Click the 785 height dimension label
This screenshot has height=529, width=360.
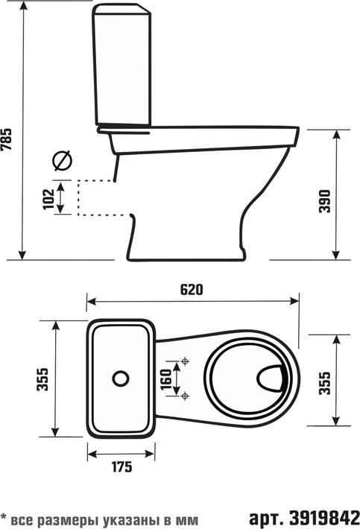(x=7, y=139)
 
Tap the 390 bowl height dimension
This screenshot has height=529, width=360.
(x=324, y=201)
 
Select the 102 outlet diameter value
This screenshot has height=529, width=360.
(x=49, y=199)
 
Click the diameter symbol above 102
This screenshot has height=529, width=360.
(x=63, y=161)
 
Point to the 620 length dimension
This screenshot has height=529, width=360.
(x=192, y=290)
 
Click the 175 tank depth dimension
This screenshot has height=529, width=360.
(x=121, y=467)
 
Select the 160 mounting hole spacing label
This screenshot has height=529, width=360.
(x=166, y=379)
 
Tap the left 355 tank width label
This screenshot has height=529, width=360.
(x=42, y=379)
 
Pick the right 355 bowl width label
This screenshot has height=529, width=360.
(x=324, y=382)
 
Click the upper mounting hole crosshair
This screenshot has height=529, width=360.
(x=185, y=361)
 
